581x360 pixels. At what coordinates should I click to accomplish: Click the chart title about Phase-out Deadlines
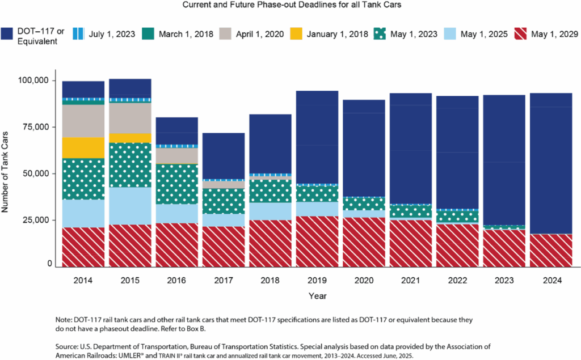pos(290,5)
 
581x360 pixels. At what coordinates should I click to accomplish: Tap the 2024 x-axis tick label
pos(550,279)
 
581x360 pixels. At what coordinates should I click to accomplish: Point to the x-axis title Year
pos(317,295)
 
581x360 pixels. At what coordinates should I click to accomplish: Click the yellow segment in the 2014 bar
pos(83,147)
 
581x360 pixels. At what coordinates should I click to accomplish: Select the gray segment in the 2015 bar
pos(130,118)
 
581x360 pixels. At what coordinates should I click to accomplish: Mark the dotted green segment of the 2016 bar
pos(176,184)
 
